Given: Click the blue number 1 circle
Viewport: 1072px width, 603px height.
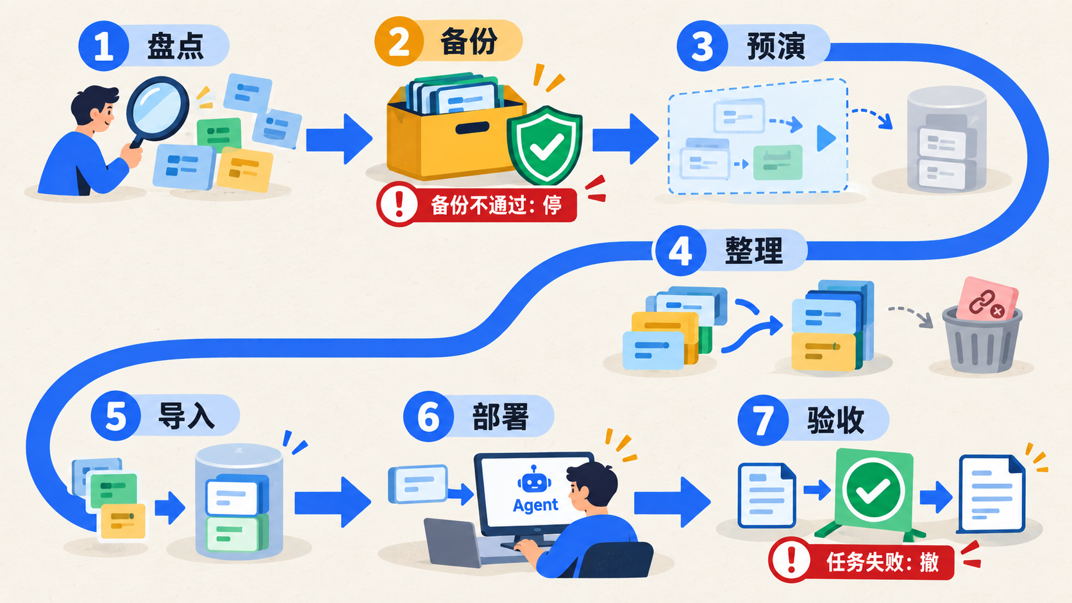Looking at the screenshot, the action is [104, 46].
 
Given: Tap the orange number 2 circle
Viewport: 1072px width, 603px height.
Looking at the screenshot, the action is [399, 42].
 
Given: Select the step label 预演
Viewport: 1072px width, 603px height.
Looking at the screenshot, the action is [776, 46].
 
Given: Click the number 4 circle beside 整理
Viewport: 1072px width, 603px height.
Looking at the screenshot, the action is [680, 251].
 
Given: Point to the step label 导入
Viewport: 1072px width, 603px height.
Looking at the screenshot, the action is [187, 415].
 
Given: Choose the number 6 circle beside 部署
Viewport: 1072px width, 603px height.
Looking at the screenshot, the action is [428, 417].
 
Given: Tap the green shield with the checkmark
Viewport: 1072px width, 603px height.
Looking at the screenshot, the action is [544, 145].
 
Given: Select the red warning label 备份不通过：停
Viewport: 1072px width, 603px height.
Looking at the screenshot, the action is [476, 204].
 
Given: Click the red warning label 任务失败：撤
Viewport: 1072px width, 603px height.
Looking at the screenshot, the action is [862, 560].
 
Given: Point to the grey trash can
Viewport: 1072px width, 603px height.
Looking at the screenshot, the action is [982, 340].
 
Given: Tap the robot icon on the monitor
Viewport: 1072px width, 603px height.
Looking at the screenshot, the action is [534, 479].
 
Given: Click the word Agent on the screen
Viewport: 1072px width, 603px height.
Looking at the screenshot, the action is [535, 505].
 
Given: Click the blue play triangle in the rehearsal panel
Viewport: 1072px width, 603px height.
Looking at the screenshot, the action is [826, 138].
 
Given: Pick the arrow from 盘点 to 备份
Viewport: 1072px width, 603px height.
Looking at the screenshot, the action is [339, 138].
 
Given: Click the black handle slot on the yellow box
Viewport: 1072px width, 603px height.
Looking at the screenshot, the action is [473, 128].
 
